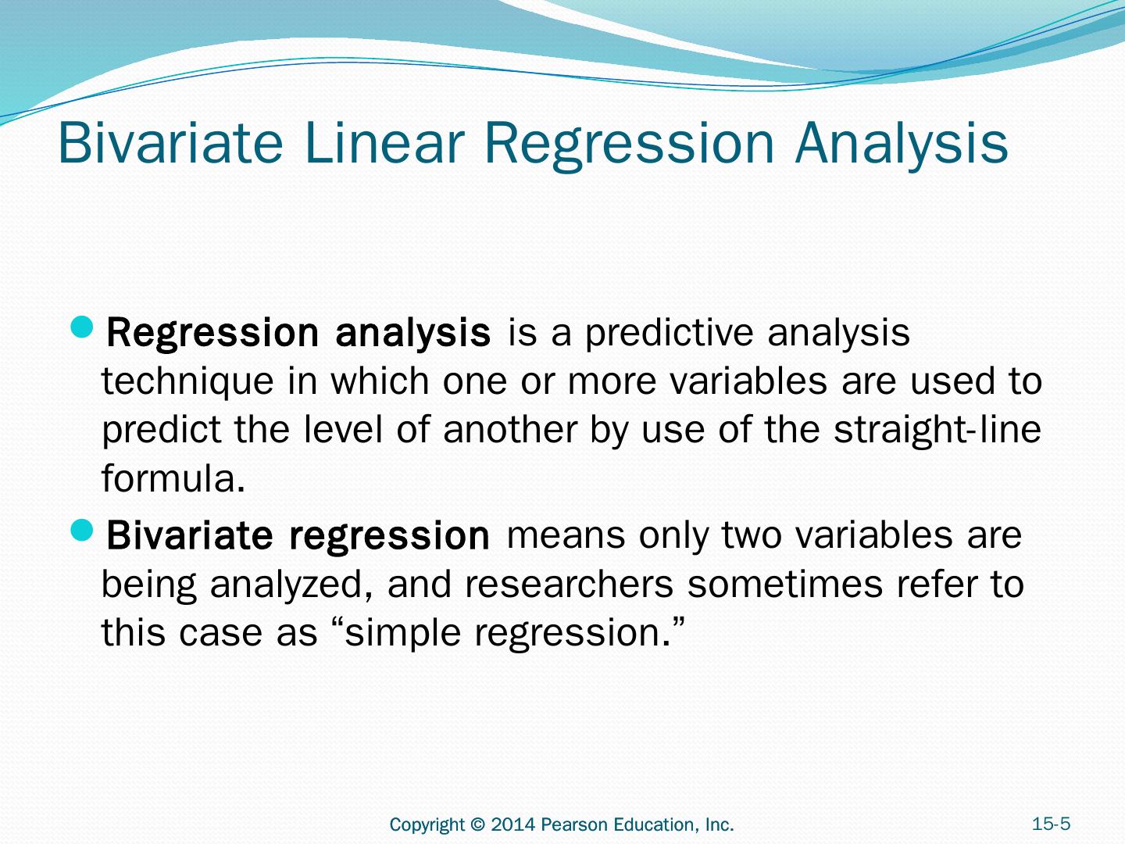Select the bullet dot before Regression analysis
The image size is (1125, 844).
81,327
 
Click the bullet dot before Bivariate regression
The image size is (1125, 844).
81,531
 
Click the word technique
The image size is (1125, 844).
187,383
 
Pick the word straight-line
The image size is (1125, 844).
937,431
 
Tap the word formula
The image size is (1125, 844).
173,477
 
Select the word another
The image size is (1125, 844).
510,430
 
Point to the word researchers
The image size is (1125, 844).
569,585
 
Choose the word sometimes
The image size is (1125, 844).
784,585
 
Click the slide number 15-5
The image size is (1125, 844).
1051,824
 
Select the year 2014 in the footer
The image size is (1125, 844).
513,824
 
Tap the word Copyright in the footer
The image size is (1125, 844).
427,825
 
